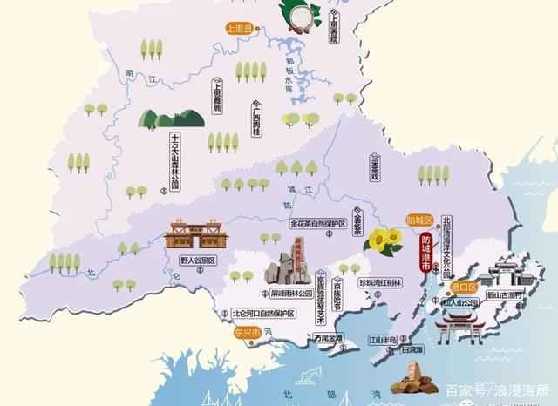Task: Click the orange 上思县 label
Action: point(242,29)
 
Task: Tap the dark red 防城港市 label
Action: point(425,253)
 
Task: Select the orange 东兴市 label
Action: point(235,332)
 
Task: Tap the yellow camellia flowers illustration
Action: point(379,239)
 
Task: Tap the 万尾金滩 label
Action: point(324,338)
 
